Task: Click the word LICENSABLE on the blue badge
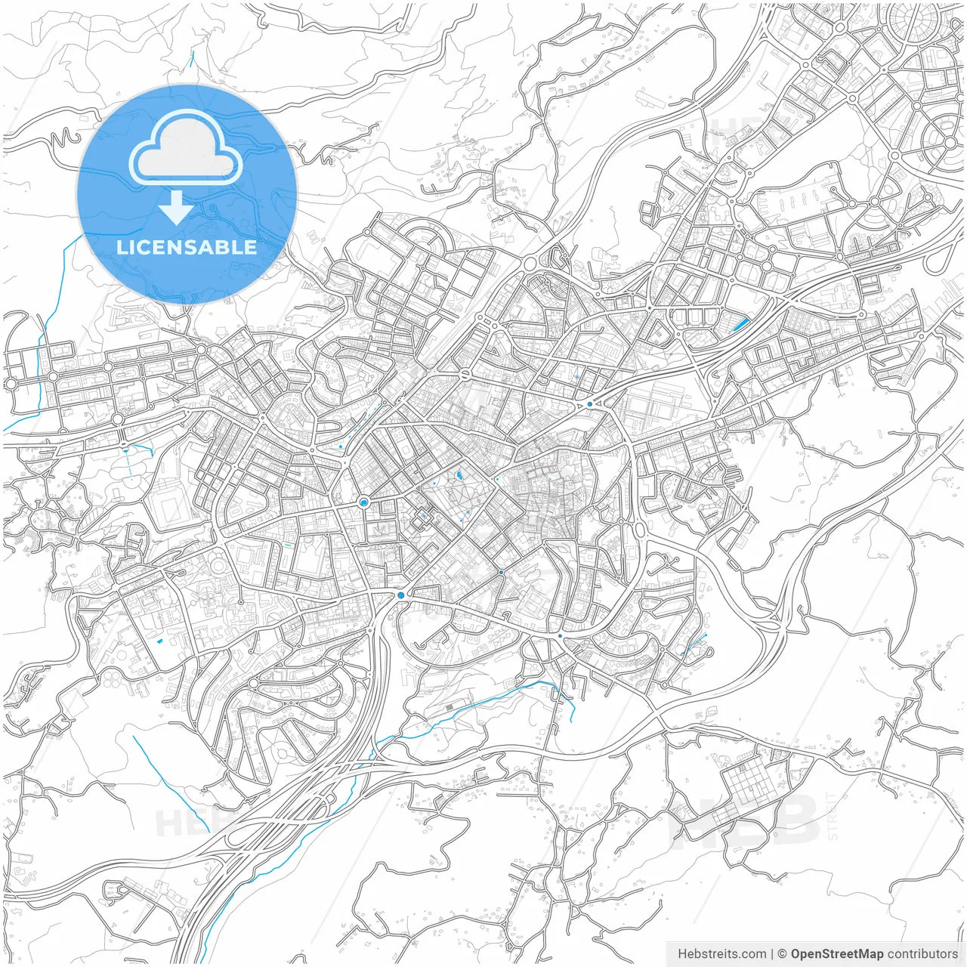click(x=187, y=247)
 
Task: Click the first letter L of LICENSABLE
click(x=121, y=247)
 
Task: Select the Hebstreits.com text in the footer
click(x=721, y=954)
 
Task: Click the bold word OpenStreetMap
click(x=837, y=954)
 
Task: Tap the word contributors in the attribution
click(x=922, y=954)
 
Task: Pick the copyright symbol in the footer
click(x=782, y=954)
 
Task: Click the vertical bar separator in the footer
click(x=772, y=954)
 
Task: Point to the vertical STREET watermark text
click(x=833, y=816)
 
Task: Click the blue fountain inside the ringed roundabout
click(x=364, y=502)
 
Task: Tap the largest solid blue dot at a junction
click(x=400, y=595)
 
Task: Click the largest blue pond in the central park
click(x=459, y=476)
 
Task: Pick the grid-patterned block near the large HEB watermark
click(x=749, y=778)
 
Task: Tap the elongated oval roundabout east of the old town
click(x=640, y=529)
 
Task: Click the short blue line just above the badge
click(x=193, y=59)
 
